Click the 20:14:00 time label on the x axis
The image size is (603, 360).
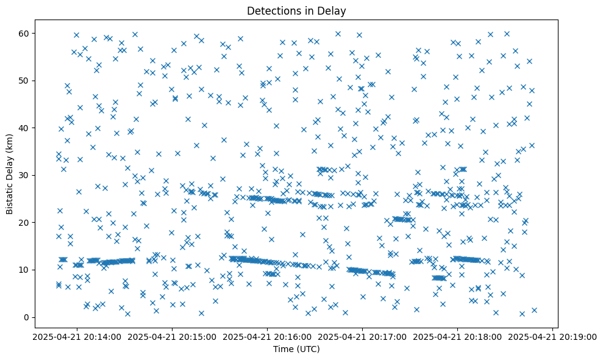pos(77,337)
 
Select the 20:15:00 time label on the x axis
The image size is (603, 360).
pos(173,337)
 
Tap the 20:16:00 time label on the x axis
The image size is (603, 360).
pos(268,337)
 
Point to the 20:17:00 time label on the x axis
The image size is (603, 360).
pos(363,337)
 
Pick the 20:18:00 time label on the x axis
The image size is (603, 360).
pos(458,337)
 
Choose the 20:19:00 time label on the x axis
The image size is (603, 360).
pos(553,337)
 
